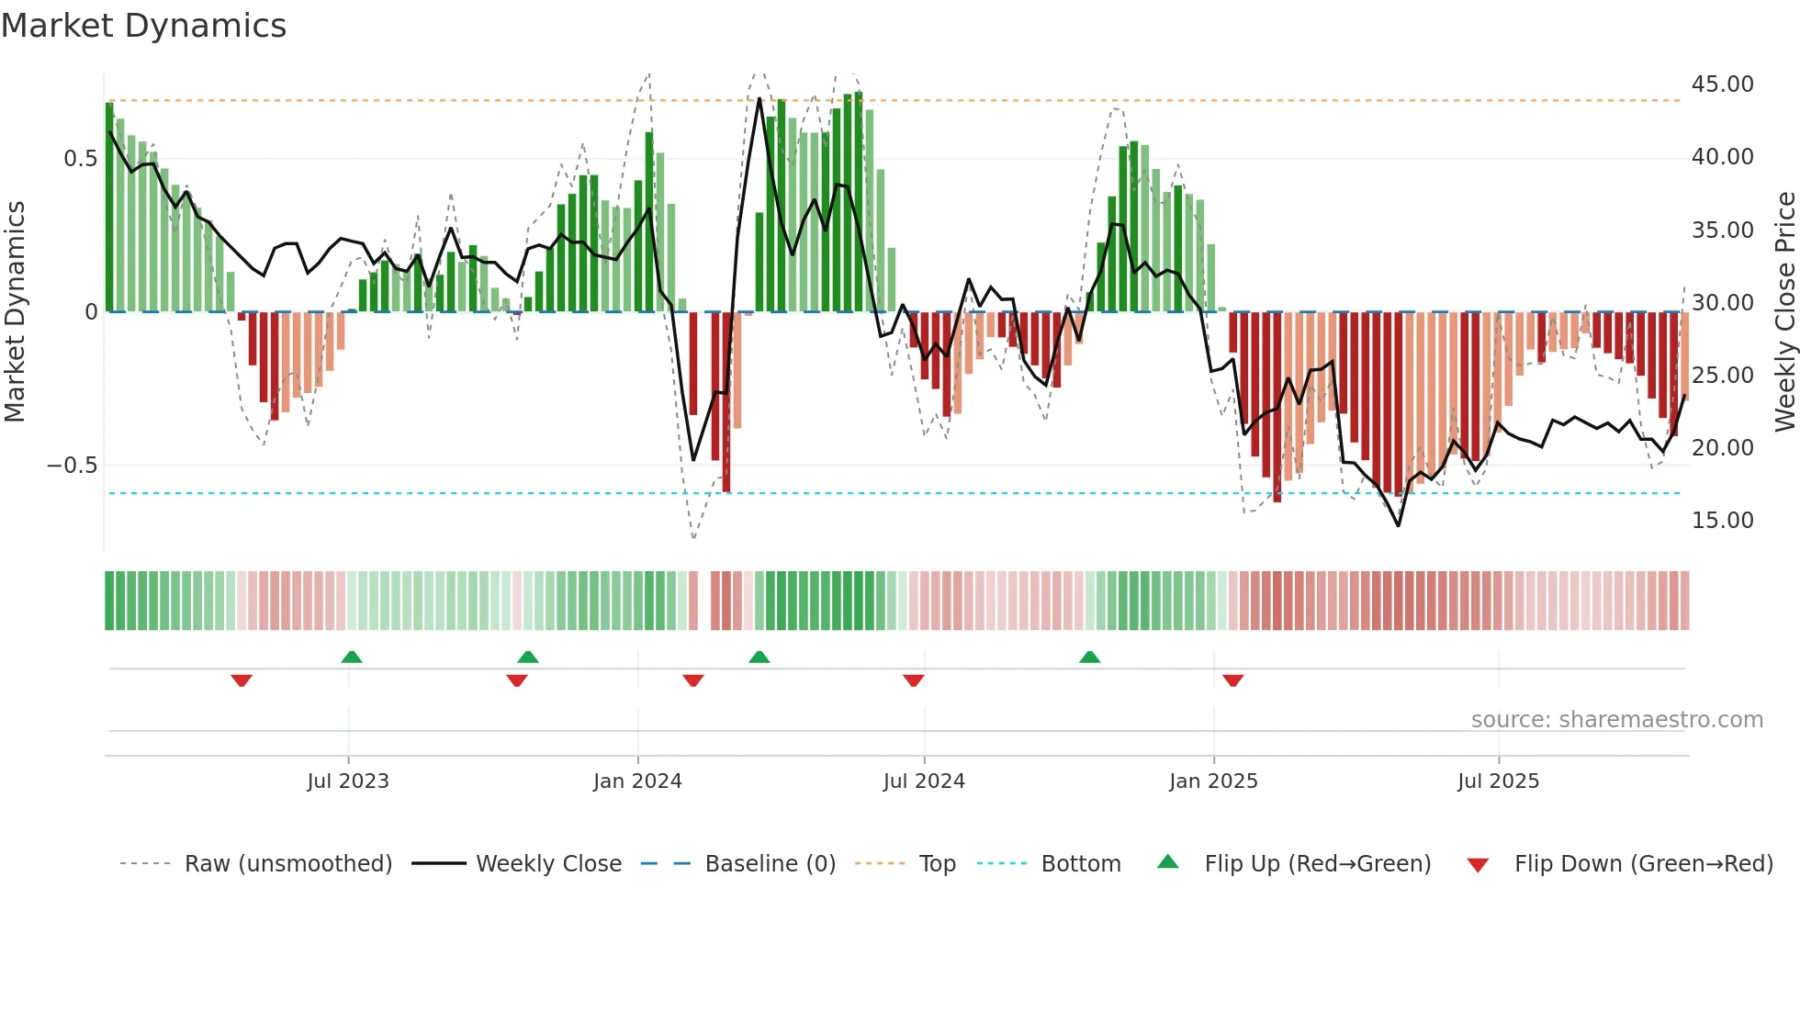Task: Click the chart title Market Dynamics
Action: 143,26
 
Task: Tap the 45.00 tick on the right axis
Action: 1722,84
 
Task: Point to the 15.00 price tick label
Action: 1722,521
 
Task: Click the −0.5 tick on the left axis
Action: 72,466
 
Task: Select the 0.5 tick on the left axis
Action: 80,159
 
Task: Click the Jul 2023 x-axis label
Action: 348,781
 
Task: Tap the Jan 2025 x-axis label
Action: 1213,781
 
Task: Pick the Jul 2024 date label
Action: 924,781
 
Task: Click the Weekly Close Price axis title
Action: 1784,312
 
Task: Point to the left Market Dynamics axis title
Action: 15,312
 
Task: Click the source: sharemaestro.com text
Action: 1616,720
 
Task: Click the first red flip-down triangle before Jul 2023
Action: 242,680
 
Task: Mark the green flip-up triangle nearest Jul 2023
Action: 352,657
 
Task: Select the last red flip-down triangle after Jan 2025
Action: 1233,680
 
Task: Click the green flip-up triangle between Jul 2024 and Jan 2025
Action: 1090,657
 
